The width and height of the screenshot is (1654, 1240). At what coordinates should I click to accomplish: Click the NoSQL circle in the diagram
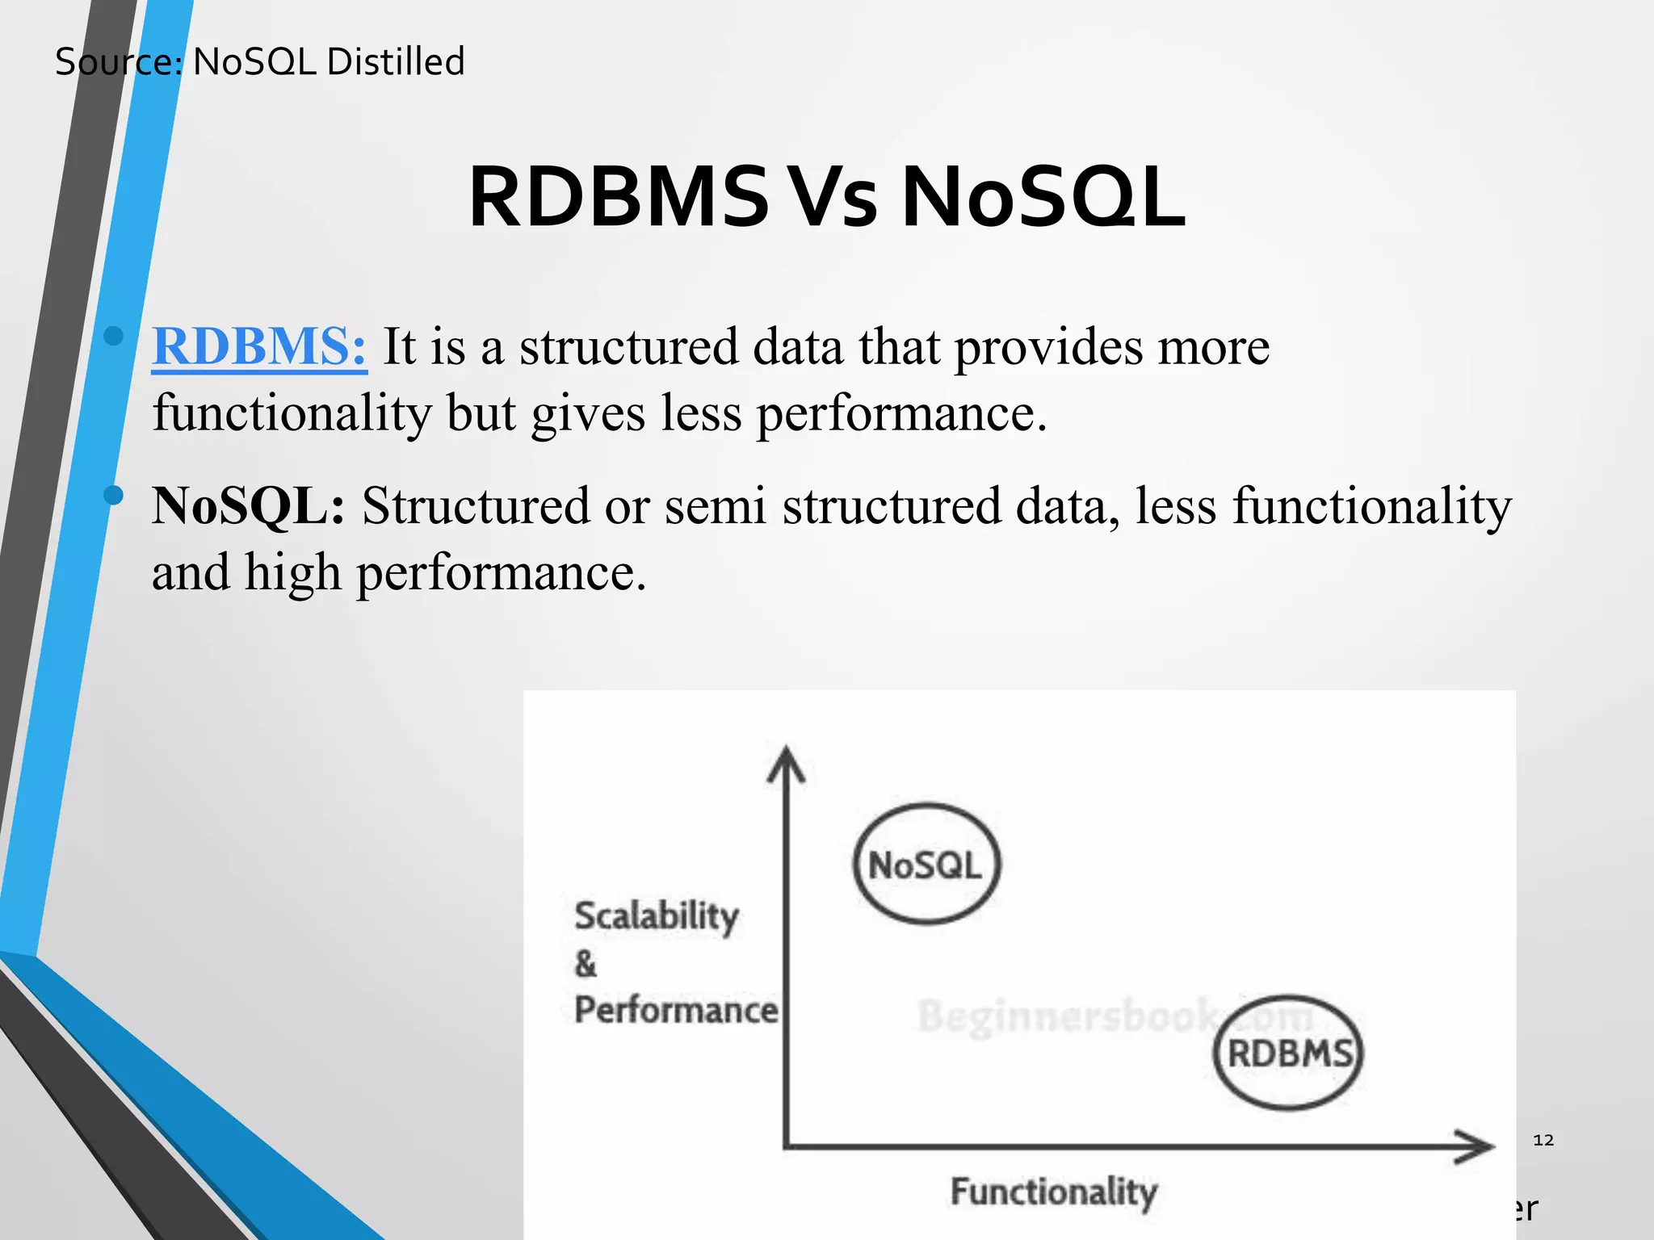click(926, 864)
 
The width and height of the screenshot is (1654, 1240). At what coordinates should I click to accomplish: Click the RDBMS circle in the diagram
click(1288, 1053)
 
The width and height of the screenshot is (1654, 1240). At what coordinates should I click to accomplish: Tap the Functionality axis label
click(1053, 1192)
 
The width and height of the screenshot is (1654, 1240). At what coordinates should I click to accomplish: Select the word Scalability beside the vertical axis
click(656, 916)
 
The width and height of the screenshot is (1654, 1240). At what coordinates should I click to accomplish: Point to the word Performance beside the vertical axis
click(675, 1010)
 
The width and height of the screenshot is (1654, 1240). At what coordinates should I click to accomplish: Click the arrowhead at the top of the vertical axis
click(786, 763)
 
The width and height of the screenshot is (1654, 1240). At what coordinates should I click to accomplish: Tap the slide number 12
click(1543, 1140)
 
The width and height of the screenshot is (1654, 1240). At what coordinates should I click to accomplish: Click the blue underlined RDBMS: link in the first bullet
click(259, 347)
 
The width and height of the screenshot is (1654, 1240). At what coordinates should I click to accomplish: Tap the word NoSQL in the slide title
click(1042, 198)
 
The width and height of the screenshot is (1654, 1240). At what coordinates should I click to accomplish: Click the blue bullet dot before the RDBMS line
click(114, 336)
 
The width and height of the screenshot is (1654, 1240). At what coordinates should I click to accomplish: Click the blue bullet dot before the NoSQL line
click(114, 495)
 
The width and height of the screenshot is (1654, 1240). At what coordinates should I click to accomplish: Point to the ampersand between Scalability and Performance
click(586, 964)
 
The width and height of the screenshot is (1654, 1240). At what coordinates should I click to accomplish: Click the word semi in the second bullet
click(715, 506)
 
